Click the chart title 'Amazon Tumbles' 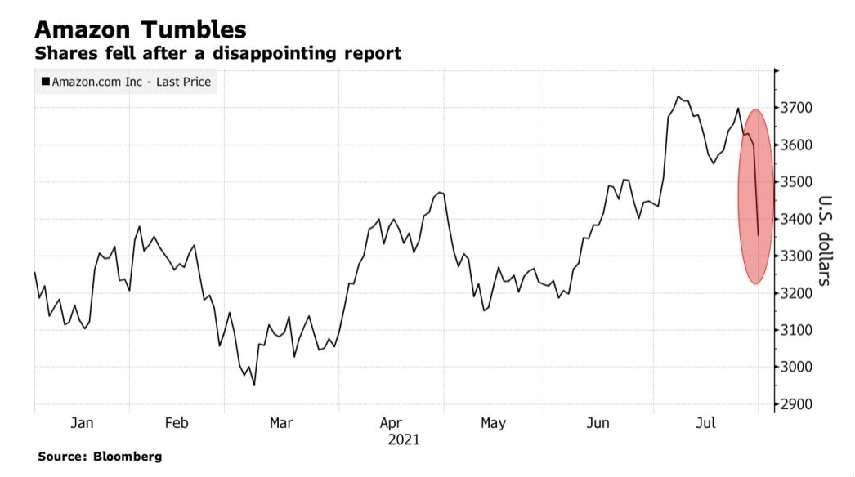(x=140, y=30)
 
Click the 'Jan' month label (x=82, y=423)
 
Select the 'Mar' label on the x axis (x=281, y=423)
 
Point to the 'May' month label (x=493, y=423)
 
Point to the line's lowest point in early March (x=253, y=385)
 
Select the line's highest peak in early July (x=678, y=96)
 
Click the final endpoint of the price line (x=759, y=235)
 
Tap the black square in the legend (x=45, y=82)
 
